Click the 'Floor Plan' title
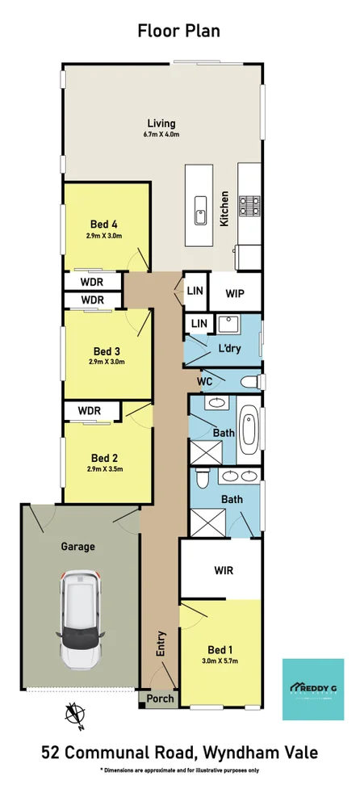pos(179,31)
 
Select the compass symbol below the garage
pos(75,713)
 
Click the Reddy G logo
pos(312,688)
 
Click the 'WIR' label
pos(224,571)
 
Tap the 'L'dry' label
pos(231,349)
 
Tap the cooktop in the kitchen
pos(249,205)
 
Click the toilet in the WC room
pos(250,381)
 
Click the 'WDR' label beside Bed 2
pos(90,411)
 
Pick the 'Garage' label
pos(78,546)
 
